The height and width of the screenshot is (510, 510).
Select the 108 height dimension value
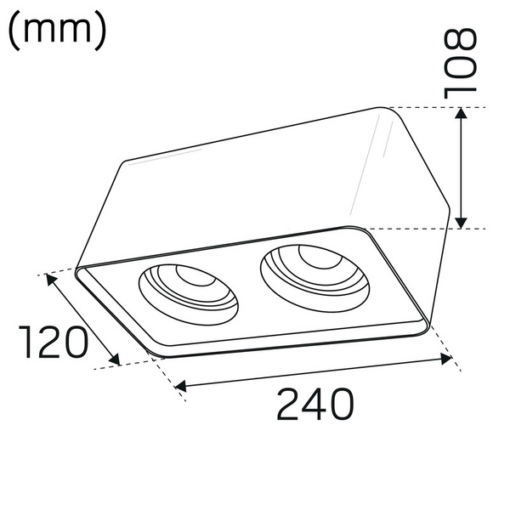[462, 61]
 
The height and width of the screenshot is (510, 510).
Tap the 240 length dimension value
[314, 405]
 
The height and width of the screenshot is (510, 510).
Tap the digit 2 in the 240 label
[290, 405]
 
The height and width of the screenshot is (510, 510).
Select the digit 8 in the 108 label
[462, 40]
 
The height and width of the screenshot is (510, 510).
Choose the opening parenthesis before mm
[15, 30]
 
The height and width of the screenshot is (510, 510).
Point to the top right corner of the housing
[387, 109]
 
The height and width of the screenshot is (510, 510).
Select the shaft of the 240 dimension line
[314, 373]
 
